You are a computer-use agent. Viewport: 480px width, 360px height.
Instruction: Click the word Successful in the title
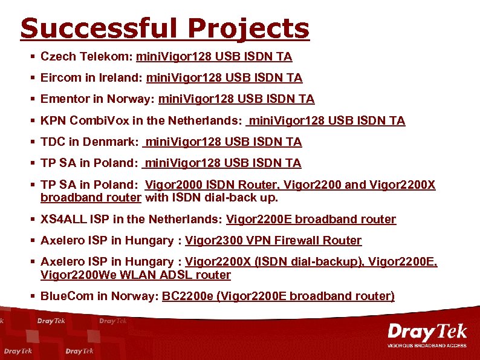[100, 28]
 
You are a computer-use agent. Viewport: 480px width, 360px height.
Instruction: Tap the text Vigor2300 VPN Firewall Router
[273, 241]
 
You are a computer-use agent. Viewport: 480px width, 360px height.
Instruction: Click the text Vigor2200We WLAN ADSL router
[135, 275]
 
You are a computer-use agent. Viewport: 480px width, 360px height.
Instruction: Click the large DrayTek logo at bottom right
[427, 332]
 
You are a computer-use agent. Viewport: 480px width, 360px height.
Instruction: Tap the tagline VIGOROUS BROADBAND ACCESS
[427, 346]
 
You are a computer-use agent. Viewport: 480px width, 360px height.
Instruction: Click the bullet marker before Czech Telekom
[32, 57]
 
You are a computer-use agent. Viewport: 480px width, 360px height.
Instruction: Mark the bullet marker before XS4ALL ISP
[32, 220]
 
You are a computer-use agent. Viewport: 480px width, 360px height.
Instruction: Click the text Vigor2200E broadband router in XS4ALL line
[311, 220]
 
